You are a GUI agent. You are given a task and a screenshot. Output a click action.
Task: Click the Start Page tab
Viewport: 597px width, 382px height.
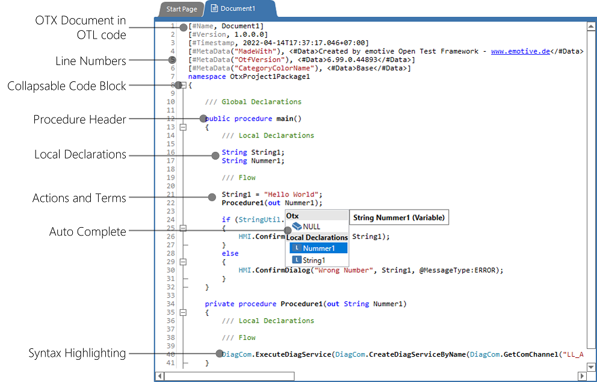[x=182, y=9]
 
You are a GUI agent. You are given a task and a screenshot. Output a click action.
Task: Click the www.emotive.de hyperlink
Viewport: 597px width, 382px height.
[x=521, y=52]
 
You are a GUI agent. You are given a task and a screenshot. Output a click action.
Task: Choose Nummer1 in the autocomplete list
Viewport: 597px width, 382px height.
[x=318, y=248]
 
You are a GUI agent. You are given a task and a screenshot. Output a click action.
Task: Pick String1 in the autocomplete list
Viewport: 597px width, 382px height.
[x=314, y=260]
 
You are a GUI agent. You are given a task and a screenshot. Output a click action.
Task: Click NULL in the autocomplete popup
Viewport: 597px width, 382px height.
[x=311, y=227]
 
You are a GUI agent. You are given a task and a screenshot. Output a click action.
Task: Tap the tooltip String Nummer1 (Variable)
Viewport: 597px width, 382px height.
[x=398, y=218]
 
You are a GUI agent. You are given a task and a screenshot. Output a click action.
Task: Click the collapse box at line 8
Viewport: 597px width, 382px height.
[x=183, y=86]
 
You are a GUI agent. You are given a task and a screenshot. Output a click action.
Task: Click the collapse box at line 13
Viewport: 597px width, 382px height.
[x=183, y=127]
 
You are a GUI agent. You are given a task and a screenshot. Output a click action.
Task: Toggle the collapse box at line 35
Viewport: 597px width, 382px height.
[x=183, y=313]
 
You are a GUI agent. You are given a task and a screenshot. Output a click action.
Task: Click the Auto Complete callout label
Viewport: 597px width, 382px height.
[x=88, y=232]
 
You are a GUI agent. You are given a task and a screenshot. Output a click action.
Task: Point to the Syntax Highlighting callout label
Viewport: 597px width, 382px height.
[x=77, y=354]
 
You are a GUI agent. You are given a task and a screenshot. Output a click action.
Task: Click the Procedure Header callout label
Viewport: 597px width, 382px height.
[x=79, y=119]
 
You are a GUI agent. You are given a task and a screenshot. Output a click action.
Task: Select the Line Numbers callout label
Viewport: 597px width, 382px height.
[x=90, y=61]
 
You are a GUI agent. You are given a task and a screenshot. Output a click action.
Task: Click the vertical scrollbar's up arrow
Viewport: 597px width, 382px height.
[x=590, y=28]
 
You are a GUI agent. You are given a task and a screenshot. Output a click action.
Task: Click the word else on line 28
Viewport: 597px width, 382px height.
[x=230, y=254]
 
